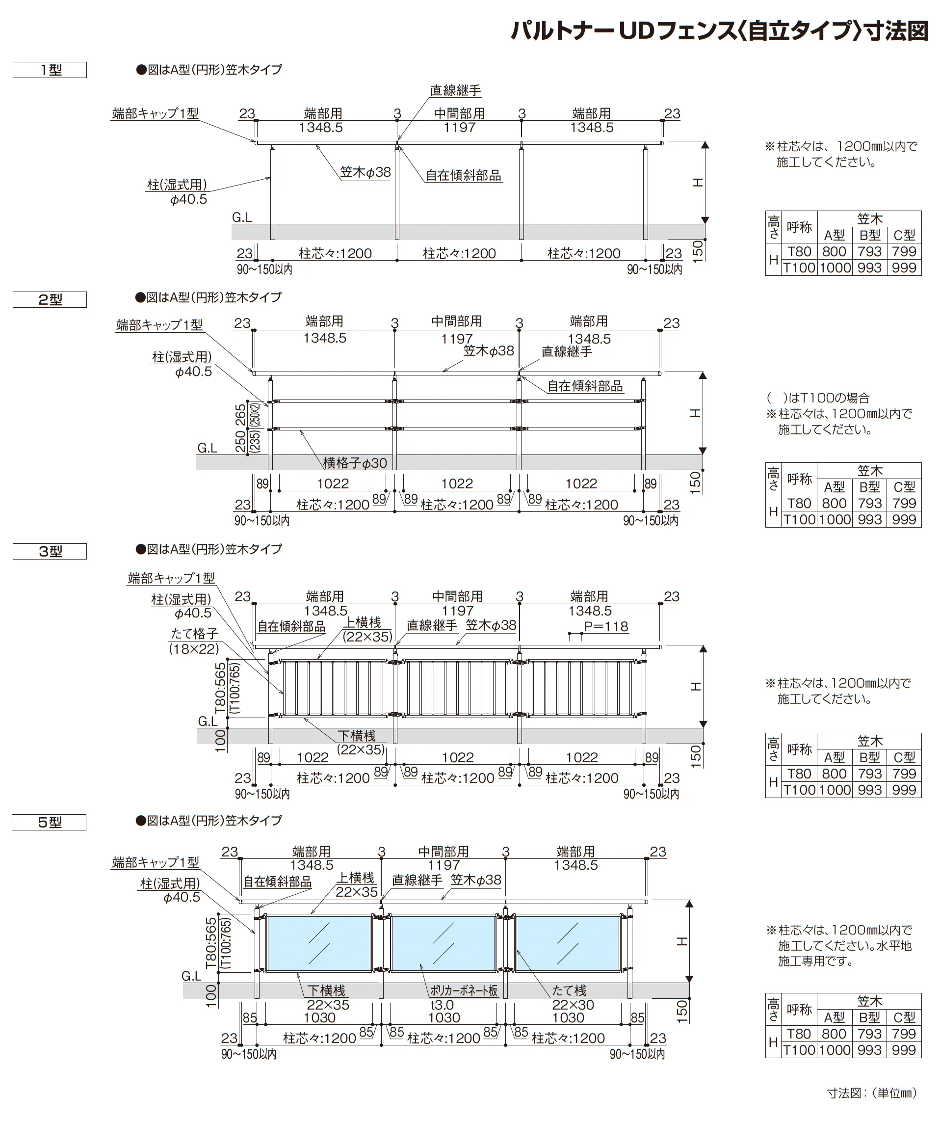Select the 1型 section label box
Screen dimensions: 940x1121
50,70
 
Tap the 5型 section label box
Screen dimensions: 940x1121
49,822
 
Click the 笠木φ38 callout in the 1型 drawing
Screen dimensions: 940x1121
366,172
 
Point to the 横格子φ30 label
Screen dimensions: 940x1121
355,463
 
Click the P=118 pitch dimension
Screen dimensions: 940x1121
606,626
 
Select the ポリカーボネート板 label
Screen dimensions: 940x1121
464,991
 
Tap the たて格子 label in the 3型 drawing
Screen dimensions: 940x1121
194,634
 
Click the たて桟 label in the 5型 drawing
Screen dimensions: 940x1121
569,991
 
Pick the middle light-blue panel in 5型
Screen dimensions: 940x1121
444,944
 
